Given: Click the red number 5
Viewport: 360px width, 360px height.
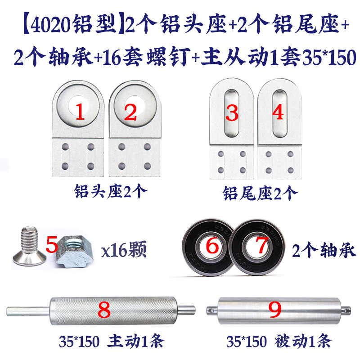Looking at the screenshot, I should [x=52, y=246].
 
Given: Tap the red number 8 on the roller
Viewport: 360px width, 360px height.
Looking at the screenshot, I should [x=104, y=310].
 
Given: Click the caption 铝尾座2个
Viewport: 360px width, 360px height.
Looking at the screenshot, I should [x=260, y=193].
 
